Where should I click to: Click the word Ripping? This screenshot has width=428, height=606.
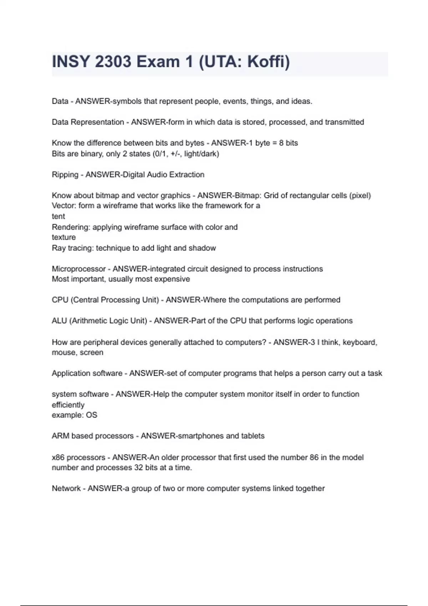coord(65,175)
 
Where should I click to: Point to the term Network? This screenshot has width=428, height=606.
coord(66,488)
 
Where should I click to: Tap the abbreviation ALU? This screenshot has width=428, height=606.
coord(59,321)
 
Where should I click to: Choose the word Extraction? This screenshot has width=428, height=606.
coord(187,175)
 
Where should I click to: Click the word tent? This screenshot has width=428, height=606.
coord(58,216)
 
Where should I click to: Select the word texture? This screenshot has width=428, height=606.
coord(63,237)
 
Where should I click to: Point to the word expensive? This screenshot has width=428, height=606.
coord(172,279)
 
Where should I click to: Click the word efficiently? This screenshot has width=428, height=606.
coord(68,405)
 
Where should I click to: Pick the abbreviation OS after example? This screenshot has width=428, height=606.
coord(91,415)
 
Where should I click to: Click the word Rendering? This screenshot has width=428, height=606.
coord(71,227)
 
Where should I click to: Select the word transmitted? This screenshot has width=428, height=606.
coord(344,122)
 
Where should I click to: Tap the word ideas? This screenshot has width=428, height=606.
coord(301,101)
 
